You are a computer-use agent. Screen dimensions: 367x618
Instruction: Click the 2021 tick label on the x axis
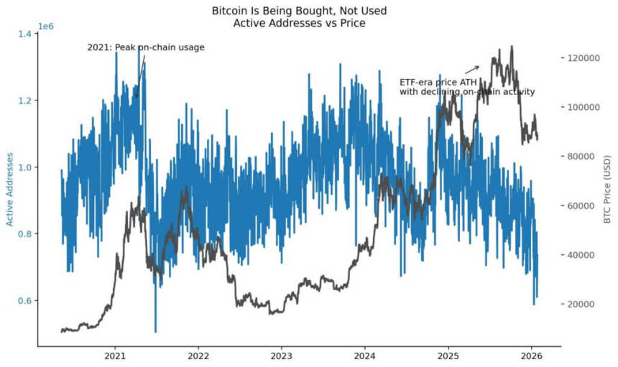tap(116, 356)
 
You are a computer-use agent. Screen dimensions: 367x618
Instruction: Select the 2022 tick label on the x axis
tap(198, 356)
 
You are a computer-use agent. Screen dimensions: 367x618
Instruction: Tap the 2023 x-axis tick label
tap(282, 356)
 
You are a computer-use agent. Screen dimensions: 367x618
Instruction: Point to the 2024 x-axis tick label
tap(365, 356)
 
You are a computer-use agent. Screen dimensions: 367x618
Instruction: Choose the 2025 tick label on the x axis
tap(448, 356)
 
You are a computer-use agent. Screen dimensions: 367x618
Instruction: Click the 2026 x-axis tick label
tap(531, 356)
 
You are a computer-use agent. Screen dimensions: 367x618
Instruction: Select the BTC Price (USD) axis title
tap(608, 189)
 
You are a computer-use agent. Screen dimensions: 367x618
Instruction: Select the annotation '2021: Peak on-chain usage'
tap(146, 47)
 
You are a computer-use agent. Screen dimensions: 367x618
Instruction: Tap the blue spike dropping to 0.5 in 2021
tap(155, 327)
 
